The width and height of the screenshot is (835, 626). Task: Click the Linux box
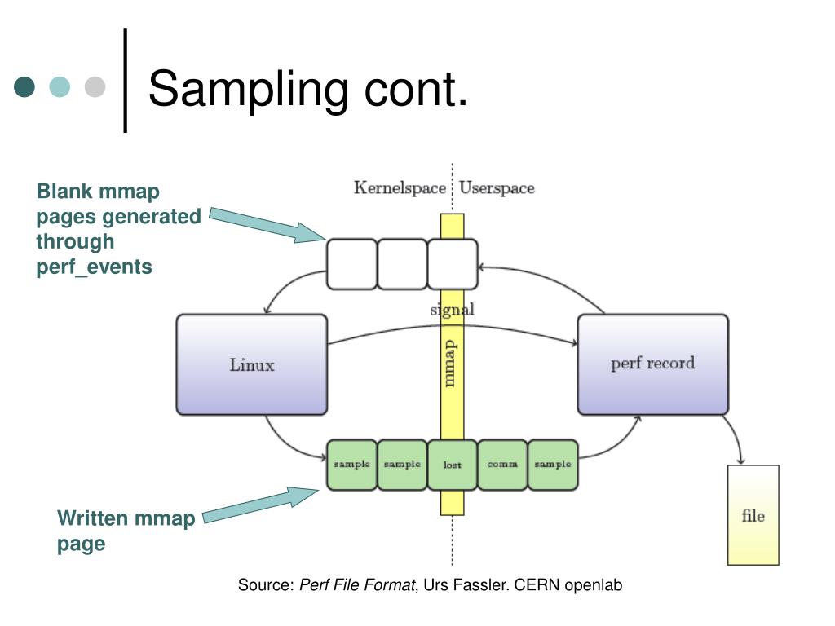coord(251,364)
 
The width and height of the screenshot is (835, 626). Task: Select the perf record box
coord(653,364)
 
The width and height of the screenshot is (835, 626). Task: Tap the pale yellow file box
coord(753,515)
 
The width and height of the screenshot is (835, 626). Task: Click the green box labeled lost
coord(452,465)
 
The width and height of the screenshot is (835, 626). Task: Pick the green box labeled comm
coord(502,465)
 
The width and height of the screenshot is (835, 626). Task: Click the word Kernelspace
coord(400,188)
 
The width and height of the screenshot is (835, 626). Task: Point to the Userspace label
coord(497,188)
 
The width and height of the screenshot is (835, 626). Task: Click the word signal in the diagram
coord(452,309)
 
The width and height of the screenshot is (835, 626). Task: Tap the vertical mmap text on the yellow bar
coord(450,364)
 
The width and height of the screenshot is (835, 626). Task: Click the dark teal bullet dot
coord(24,86)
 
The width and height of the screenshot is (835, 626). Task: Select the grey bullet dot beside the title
coord(95,86)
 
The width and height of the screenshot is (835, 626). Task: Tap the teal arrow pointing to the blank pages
coord(267,225)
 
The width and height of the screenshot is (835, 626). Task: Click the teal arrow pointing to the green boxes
coord(261,505)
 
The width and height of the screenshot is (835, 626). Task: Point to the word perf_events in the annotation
coord(95,267)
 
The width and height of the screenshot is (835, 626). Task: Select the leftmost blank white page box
coord(351,264)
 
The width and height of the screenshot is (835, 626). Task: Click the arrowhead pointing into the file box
coord(740,461)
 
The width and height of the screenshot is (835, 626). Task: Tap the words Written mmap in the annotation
coord(126,518)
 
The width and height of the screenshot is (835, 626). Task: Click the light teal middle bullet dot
coord(60,86)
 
